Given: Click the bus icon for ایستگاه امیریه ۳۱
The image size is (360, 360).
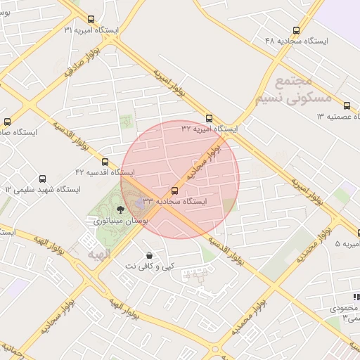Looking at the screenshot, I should coord(91,20).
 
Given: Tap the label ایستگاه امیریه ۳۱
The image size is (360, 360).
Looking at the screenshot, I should coord(91,31).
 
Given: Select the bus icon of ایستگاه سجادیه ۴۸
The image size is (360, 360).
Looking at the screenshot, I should coord(296,31).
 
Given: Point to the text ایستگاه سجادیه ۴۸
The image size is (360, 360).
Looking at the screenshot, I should coord(296,41).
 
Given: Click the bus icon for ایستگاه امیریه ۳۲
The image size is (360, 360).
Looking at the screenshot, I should coord(210,118).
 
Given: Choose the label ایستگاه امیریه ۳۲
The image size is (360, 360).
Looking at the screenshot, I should coord(210,129).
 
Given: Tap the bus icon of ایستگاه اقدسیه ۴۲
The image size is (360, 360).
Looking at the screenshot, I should coord(105,162).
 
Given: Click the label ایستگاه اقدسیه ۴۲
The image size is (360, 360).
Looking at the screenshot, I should coord(105,172).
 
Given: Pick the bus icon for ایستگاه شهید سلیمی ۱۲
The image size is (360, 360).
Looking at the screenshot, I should coord(43,179).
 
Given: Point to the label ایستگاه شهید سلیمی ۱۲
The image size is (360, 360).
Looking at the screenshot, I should coord(43,190).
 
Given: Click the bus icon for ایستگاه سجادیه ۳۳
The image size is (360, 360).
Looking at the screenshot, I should coord(174,191).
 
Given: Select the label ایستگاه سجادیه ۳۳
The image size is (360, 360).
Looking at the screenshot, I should coord(174,202).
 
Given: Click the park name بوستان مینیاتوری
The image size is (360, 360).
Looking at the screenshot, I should coord(119,220).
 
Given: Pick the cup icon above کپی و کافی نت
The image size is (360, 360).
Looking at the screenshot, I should coord(148,255).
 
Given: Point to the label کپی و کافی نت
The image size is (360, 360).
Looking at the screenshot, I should coord(149,266).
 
